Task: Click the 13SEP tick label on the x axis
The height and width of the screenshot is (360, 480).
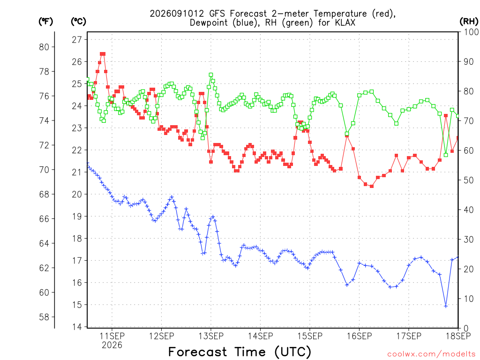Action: pos(211,336)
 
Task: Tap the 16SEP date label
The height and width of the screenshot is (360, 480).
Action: pos(360,336)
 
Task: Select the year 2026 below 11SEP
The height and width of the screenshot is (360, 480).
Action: pos(112,345)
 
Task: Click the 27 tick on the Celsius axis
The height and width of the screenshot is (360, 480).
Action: pos(77,39)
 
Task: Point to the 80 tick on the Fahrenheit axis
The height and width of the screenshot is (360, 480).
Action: pos(44,47)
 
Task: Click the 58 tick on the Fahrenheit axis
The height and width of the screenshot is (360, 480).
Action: pos(44,317)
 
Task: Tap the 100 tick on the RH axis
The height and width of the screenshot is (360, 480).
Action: pos(471,32)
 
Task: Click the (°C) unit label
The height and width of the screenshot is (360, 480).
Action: pos(78,21)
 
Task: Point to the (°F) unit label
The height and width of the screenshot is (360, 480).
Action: pos(45,21)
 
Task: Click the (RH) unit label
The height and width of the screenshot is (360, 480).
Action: pos(469,21)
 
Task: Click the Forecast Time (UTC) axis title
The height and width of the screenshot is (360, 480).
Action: pos(240,352)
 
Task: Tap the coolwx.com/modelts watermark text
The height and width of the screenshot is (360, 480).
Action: pos(431,354)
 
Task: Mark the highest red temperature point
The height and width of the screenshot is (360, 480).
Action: pos(103,54)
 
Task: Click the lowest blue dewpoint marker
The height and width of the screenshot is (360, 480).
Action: pos(446,306)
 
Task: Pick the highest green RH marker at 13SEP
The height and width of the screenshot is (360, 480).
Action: pos(211,75)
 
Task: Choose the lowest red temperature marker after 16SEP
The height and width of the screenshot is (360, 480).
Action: pos(372,186)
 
